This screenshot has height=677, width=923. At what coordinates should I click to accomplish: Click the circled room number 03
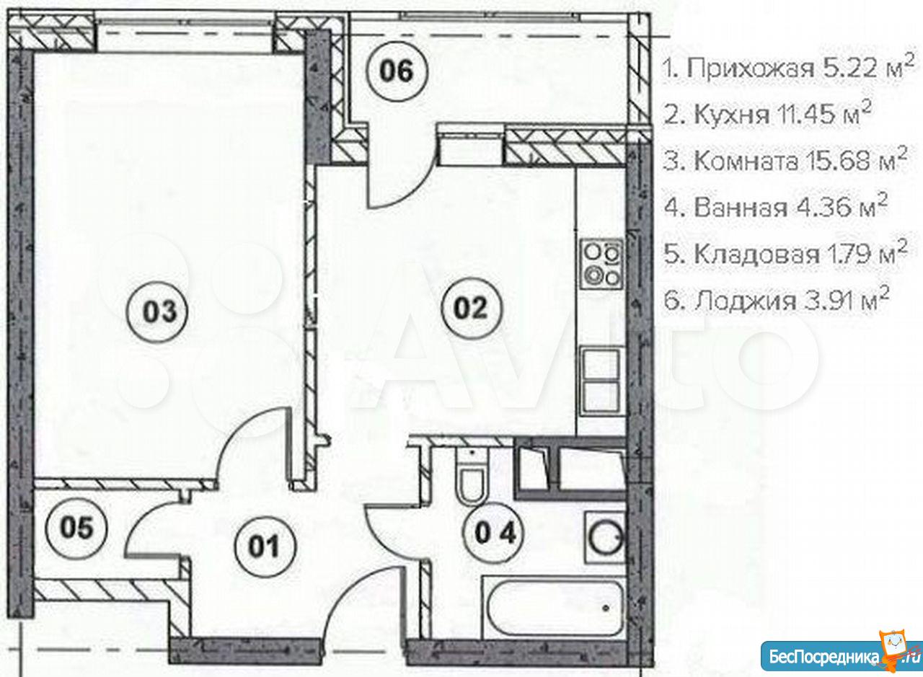[x=157, y=312]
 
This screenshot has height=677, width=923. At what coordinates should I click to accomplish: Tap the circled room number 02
[x=472, y=308]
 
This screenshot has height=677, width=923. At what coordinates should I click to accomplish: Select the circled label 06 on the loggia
[x=397, y=71]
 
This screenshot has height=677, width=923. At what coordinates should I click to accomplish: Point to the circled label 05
[x=76, y=528]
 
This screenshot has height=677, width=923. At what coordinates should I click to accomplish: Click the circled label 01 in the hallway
[x=265, y=547]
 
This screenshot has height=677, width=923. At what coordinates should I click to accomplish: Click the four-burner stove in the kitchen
[x=602, y=263]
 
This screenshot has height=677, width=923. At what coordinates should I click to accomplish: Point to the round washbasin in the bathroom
[x=605, y=539]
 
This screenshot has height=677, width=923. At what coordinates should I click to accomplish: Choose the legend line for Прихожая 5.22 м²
[x=787, y=68]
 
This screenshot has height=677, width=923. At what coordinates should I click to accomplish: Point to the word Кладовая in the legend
[x=756, y=255]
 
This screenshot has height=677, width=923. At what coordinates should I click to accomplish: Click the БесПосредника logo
[x=841, y=655]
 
